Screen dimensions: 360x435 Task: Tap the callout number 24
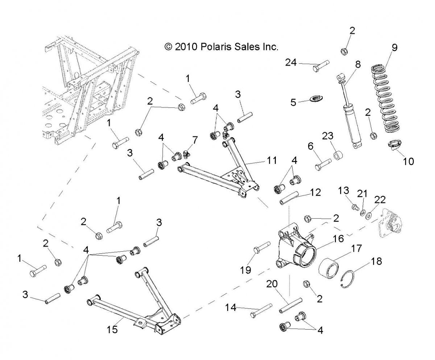290,62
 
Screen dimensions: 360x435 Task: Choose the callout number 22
380,200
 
